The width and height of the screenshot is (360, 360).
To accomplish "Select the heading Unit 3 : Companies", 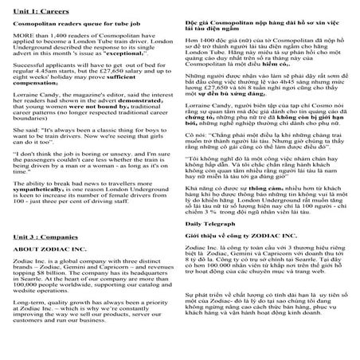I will pyautogui.click(x=44, y=237).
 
